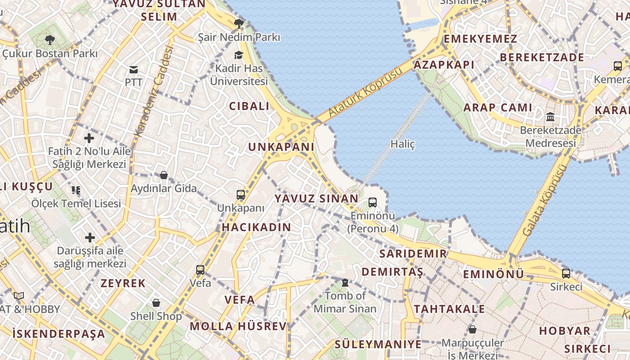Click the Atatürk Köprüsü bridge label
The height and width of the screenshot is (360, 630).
click(x=365, y=93)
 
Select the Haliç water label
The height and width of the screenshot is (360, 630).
click(x=402, y=144)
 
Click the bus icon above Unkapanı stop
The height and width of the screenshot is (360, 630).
click(x=241, y=195)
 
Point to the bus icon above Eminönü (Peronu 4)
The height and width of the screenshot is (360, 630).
click(x=373, y=202)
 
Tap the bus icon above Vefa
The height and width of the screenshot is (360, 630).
click(x=200, y=270)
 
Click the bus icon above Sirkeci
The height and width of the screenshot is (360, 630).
click(x=566, y=273)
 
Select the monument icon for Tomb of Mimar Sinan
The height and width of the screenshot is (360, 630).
click(x=345, y=283)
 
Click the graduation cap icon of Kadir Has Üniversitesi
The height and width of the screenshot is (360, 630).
click(x=238, y=55)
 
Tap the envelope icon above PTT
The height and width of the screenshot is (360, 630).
click(x=134, y=69)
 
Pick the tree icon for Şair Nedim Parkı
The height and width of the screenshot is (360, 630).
click(x=238, y=23)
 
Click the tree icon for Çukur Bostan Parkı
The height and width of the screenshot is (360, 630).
click(x=50, y=40)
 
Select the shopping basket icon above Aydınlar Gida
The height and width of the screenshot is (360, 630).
click(x=164, y=175)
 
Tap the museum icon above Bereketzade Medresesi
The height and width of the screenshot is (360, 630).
click(x=550, y=117)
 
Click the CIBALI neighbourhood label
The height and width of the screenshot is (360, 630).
click(x=249, y=106)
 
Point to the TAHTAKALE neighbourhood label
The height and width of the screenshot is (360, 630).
click(x=449, y=309)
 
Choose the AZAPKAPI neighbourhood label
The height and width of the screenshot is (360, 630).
click(x=444, y=65)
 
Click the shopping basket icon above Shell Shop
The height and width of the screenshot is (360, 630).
click(x=156, y=302)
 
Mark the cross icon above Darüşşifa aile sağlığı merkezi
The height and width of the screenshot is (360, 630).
click(x=90, y=237)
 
